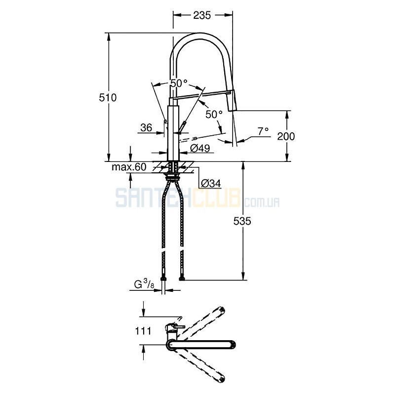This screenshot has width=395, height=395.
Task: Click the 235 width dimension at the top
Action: (x=202, y=15)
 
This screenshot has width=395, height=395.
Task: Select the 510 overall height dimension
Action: (x=108, y=97)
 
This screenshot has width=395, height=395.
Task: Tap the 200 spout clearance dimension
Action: (x=286, y=136)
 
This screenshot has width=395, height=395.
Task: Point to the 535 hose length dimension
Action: (x=242, y=221)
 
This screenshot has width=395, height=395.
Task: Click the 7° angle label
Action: (x=263, y=131)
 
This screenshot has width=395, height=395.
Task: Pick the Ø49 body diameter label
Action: (x=200, y=148)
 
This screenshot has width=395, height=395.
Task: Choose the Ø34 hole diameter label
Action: (x=211, y=183)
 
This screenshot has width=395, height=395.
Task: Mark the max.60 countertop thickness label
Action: (x=129, y=167)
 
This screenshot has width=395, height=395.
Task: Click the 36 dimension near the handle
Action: (x=146, y=128)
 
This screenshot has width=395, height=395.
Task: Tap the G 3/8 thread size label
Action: (x=144, y=285)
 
